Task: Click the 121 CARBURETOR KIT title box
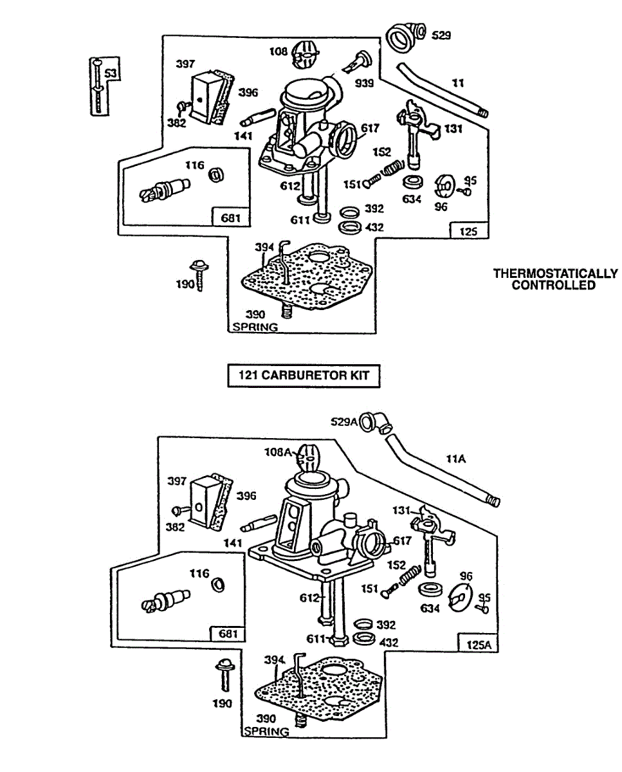(x=304, y=376)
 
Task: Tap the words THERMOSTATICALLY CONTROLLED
(x=554, y=279)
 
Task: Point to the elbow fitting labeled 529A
(x=374, y=423)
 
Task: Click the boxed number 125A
(x=478, y=643)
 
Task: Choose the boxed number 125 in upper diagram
(x=469, y=232)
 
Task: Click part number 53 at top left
(x=111, y=74)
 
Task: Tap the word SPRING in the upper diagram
(x=254, y=327)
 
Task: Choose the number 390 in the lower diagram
(x=266, y=719)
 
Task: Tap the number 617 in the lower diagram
(x=402, y=541)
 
